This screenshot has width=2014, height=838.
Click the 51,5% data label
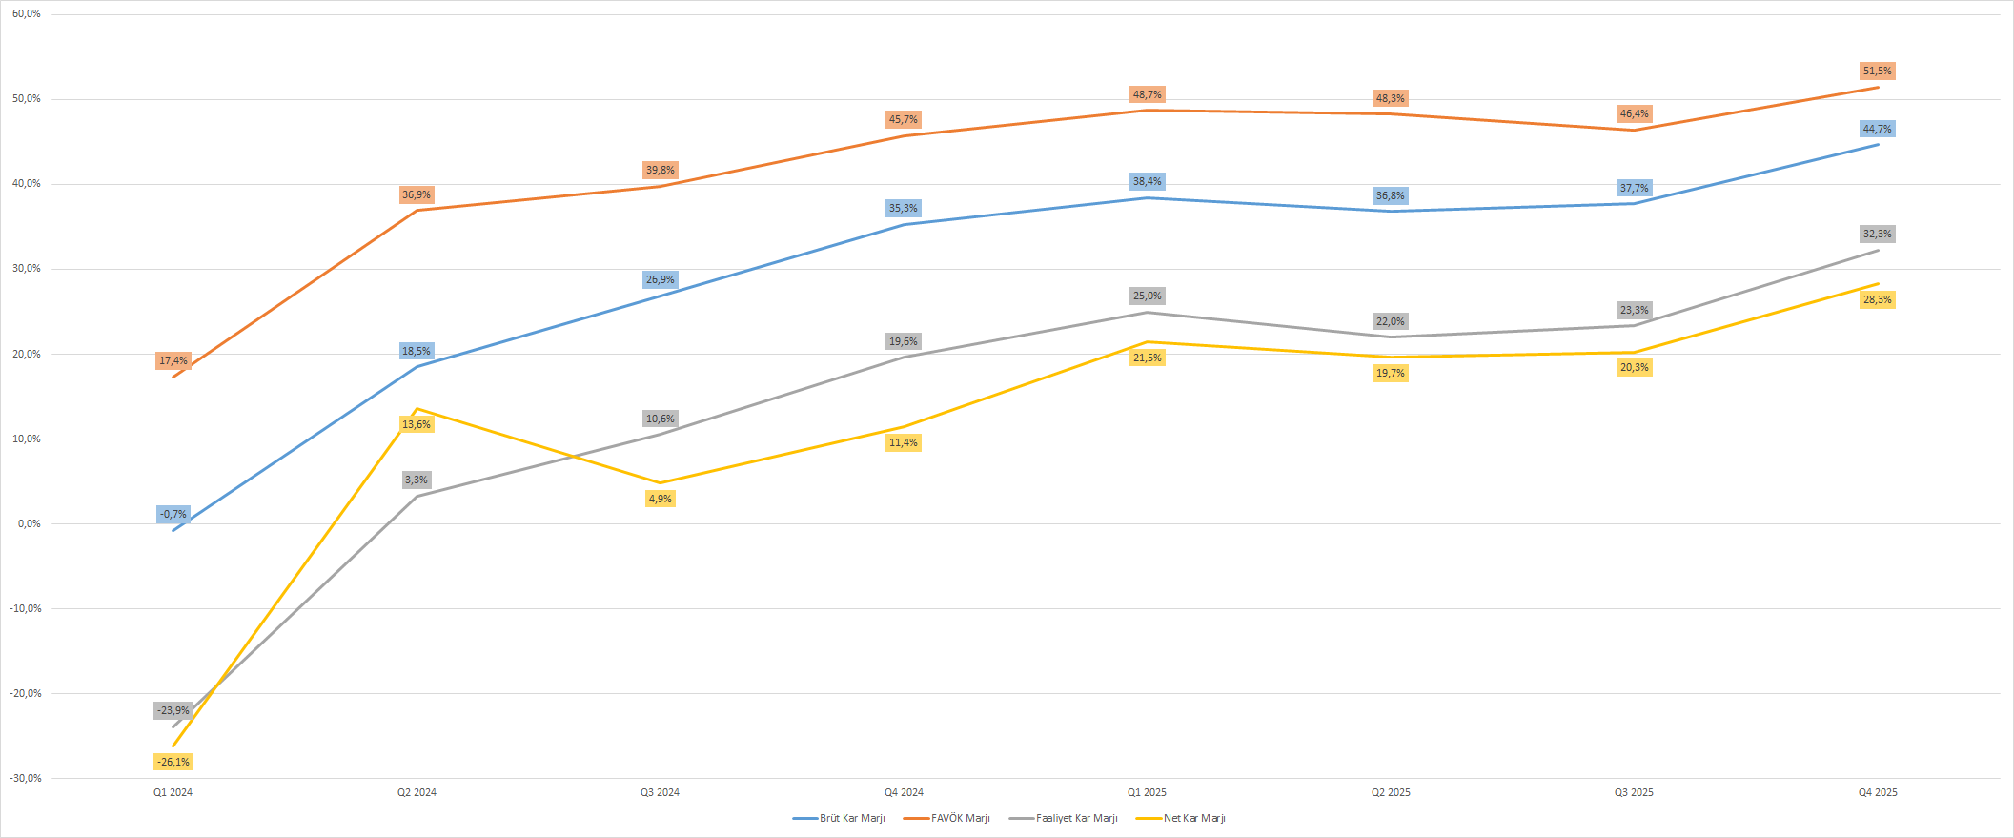pos(1877,72)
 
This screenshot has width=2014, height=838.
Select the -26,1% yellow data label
pos(173,762)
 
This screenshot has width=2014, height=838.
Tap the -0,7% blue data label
pos(173,515)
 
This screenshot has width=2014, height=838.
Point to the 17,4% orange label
pos(173,361)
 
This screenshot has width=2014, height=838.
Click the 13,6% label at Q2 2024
pos(417,424)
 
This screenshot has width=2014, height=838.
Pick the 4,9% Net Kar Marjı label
pos(660,499)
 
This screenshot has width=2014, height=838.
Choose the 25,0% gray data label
pos(1147,296)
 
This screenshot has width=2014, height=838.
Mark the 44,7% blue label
pos(1877,130)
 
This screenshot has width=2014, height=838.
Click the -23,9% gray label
pos(173,711)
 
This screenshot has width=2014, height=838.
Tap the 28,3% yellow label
pos(1877,300)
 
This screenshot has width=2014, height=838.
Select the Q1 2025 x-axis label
pos(1147,792)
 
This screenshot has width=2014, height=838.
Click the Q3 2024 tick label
pos(660,792)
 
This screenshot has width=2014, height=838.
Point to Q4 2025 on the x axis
pos(1877,792)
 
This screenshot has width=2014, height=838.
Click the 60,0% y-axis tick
pos(27,14)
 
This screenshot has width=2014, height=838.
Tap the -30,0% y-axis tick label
pos(26,778)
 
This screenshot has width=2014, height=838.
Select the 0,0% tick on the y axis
pos(29,523)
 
